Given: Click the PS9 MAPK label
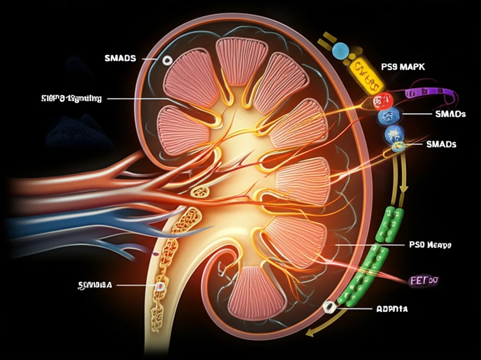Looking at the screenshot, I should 403,67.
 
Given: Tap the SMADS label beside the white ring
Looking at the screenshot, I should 120,58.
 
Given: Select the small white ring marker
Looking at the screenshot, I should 167,60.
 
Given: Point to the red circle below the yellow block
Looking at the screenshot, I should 383,100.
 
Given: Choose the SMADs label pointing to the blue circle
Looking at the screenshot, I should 450,114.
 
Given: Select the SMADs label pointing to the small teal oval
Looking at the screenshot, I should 441,144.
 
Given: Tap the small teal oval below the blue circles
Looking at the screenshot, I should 398,147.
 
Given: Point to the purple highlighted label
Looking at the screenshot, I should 424,281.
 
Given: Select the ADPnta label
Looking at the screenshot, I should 392,309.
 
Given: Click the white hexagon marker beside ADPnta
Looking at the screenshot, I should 329,307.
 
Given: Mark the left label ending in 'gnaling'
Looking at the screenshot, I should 71,99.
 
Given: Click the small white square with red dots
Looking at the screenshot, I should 160,286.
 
